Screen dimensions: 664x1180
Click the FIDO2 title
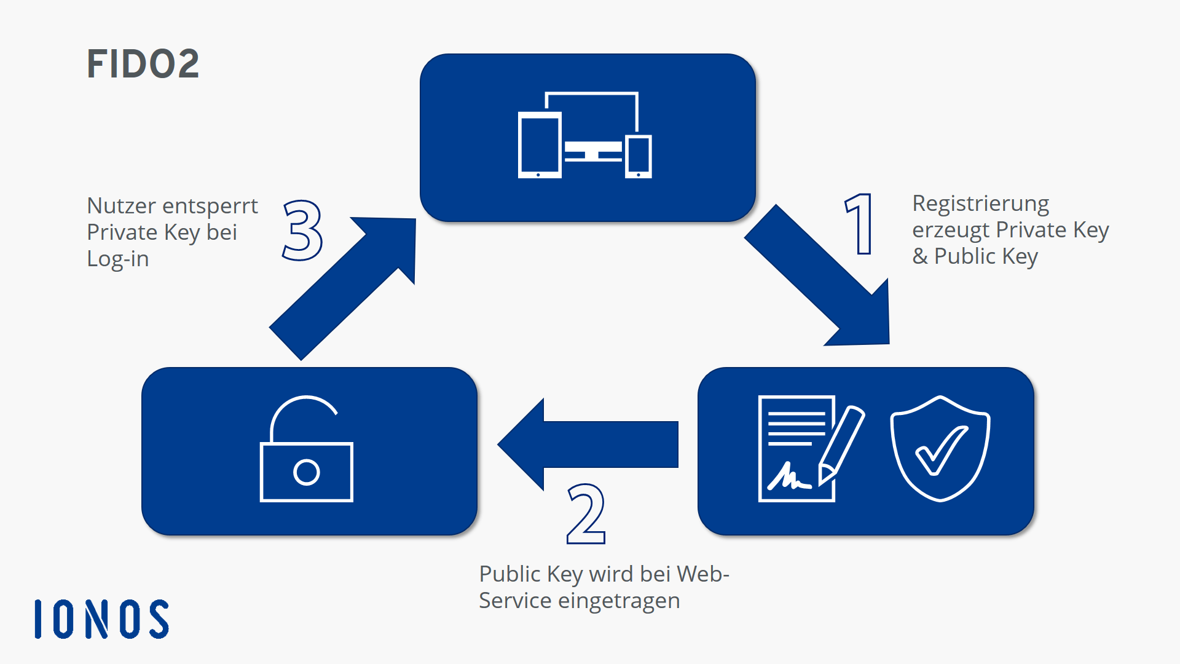point(143,64)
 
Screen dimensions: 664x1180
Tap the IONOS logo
point(102,619)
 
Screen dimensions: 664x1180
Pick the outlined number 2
point(586,514)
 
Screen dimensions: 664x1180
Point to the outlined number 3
point(303,230)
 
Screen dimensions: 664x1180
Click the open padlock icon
point(306,450)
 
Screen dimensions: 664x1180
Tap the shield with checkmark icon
point(940,449)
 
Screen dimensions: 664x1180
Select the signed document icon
point(796,449)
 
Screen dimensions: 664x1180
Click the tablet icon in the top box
point(540,145)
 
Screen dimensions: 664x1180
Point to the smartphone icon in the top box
point(639,156)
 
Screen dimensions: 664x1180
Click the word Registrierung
point(980,204)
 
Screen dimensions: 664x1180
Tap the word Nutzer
point(121,206)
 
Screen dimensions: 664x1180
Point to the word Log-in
point(118,259)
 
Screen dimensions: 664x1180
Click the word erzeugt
point(951,230)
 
